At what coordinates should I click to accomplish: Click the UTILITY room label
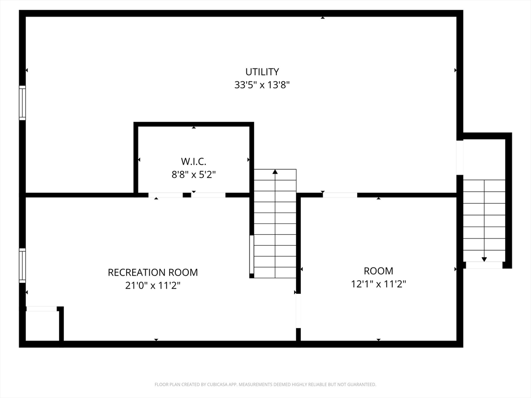[262, 72]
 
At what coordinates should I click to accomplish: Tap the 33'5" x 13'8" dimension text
[262, 84]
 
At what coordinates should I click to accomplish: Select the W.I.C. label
[194, 161]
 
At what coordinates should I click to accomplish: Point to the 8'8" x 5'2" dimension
[194, 175]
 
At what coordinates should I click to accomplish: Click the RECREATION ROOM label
[153, 273]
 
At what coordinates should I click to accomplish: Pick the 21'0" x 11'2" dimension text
[153, 286]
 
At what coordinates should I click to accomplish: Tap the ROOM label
[379, 271]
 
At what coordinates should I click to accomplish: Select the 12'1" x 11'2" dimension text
[379, 284]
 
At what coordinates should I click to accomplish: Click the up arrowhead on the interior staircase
[275, 172]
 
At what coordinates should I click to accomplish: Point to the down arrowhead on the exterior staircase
[484, 259]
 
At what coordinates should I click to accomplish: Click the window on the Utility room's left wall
[22, 103]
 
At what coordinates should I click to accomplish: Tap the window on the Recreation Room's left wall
[22, 266]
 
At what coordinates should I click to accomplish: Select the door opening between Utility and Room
[340, 195]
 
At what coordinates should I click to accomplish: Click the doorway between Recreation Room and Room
[298, 311]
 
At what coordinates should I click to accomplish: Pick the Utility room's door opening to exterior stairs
[460, 158]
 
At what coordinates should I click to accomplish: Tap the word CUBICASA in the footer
[218, 385]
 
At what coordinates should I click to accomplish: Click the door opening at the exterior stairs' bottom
[484, 265]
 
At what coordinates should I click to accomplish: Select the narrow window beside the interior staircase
[251, 254]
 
